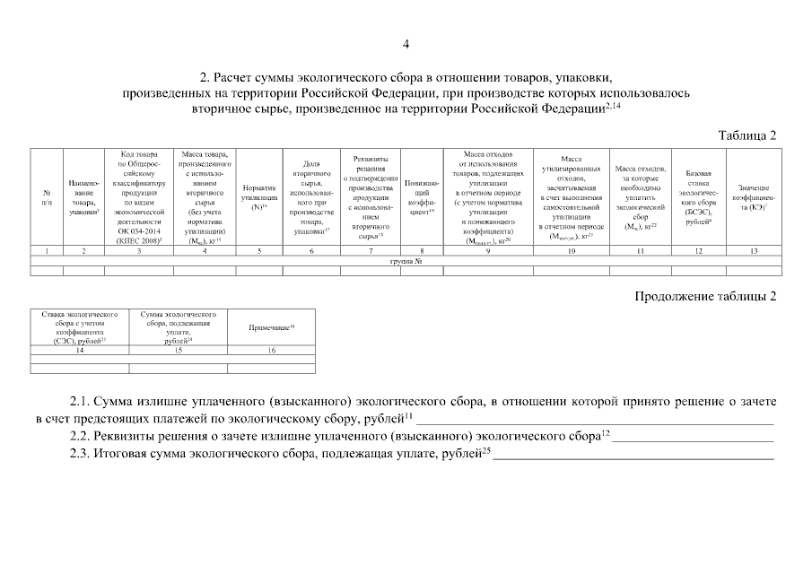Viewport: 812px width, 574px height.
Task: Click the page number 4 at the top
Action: coord(406,45)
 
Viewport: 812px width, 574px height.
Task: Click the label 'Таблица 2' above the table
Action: coord(747,135)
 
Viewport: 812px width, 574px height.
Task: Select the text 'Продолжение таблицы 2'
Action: coord(705,294)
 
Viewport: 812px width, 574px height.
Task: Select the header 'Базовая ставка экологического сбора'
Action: coord(698,197)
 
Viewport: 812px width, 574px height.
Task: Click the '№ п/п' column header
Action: coord(47,197)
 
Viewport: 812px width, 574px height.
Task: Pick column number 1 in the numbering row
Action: coord(47,250)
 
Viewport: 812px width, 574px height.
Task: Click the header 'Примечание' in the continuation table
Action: coord(271,328)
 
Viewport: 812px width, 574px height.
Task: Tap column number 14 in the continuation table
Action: coord(80,349)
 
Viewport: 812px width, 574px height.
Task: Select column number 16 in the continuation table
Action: coord(271,349)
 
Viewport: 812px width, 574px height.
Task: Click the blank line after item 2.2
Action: coord(691,438)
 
